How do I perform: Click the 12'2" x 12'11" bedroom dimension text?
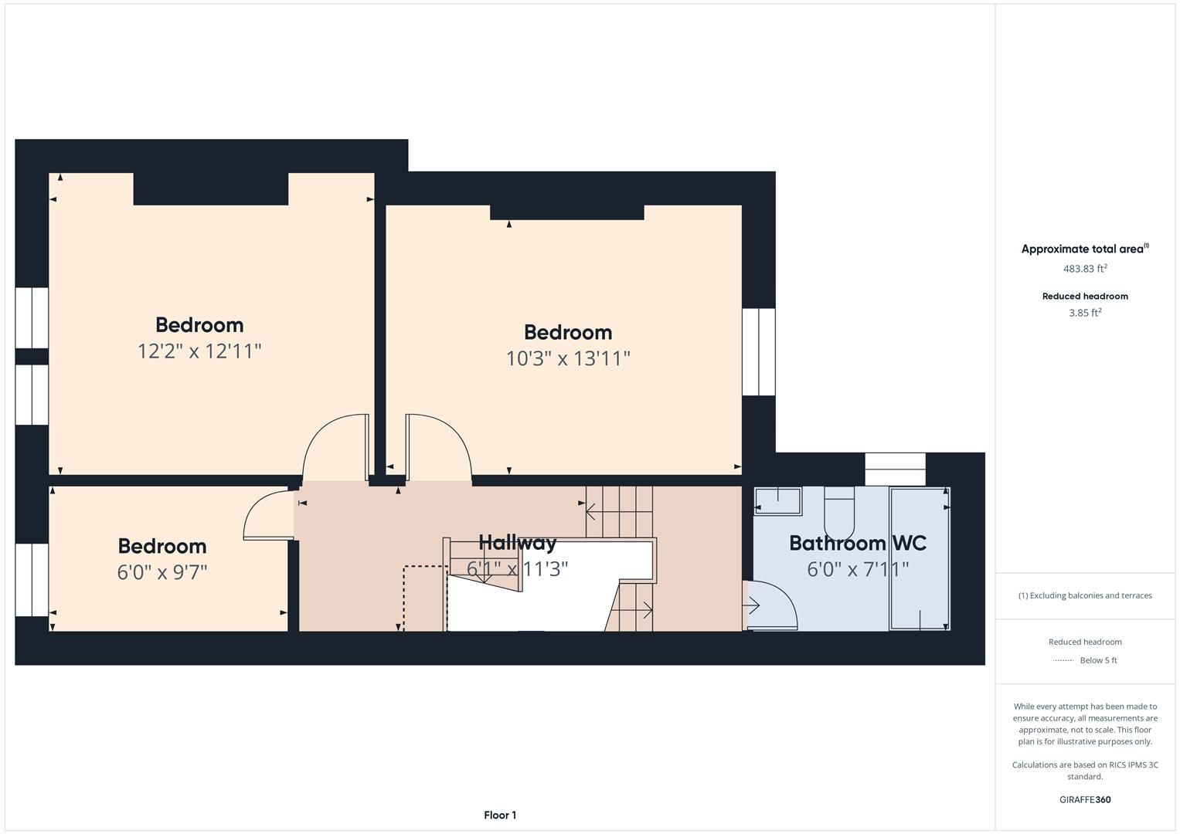(x=199, y=351)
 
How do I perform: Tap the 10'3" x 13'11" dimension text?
(x=568, y=359)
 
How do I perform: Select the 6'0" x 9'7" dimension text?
(x=162, y=572)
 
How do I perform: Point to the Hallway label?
(x=517, y=543)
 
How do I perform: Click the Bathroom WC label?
(x=857, y=543)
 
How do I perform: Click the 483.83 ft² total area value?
(x=1085, y=269)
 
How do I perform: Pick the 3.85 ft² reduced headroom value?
(x=1085, y=313)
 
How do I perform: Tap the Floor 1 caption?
(x=500, y=815)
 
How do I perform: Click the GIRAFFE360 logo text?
(x=1085, y=799)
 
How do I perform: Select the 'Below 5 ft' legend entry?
(x=1097, y=660)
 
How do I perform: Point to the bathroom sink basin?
(x=778, y=501)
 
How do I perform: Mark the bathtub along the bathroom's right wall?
(x=919, y=558)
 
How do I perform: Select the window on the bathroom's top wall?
(x=895, y=469)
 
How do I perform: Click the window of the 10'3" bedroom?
(x=759, y=352)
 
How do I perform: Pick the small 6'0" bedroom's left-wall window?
(x=32, y=579)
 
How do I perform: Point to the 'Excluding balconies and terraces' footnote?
(x=1085, y=595)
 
